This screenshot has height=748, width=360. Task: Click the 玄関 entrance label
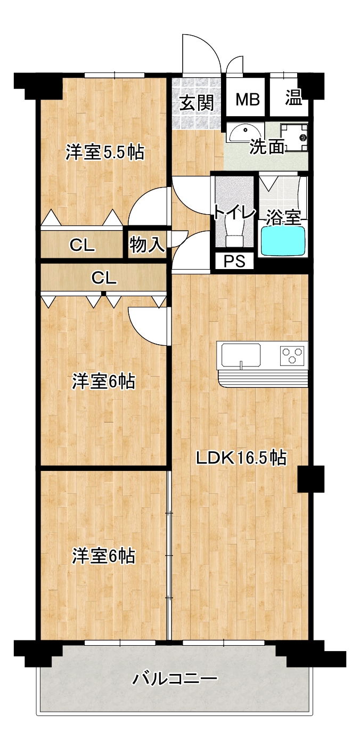tap(197, 102)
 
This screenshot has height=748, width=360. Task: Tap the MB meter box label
tap(248, 99)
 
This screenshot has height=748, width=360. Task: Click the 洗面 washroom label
tap(267, 147)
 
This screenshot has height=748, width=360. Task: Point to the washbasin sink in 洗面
tap(242, 133)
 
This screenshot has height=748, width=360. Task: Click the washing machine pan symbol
tap(294, 137)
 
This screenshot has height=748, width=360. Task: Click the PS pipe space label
tap(234, 261)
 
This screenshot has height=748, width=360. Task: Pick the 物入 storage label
tap(147, 245)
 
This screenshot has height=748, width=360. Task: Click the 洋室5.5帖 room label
tap(105, 152)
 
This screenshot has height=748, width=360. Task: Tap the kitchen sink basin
tap(241, 355)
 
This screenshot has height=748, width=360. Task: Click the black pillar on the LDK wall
tap(310, 479)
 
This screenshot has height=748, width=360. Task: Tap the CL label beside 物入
tap(82, 246)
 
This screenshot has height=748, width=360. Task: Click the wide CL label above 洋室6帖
tap(104, 278)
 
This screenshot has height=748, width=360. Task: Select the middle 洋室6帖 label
tap(104, 381)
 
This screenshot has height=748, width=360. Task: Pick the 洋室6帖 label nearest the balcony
tap(104, 556)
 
